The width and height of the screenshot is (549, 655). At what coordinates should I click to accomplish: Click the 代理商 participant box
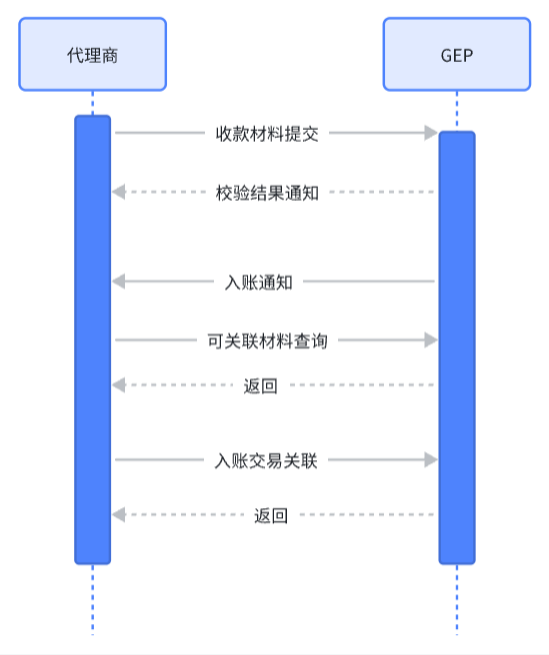click(92, 54)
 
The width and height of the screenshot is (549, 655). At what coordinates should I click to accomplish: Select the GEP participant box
click(457, 54)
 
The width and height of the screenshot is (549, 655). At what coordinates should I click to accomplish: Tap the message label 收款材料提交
click(267, 134)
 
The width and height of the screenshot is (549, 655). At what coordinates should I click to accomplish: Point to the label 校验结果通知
click(267, 193)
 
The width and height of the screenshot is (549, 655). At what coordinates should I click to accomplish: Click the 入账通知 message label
click(259, 282)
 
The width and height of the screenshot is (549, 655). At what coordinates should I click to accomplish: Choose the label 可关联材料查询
click(267, 340)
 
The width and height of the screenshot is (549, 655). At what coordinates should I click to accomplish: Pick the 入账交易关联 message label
click(266, 460)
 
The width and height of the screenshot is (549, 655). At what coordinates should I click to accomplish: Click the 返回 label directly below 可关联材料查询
click(260, 385)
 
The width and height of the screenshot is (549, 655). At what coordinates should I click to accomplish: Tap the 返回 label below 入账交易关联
click(271, 515)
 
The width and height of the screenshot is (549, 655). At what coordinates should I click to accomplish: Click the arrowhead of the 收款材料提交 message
click(431, 133)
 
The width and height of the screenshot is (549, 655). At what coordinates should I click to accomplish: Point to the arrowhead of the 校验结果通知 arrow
click(118, 192)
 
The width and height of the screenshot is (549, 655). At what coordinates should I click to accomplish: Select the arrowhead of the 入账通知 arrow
click(118, 282)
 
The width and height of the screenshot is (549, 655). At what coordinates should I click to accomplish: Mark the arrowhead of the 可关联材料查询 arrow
click(431, 340)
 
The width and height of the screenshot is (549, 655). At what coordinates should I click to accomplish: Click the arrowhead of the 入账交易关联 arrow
click(431, 459)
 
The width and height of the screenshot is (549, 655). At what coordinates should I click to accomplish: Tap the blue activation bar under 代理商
click(92, 339)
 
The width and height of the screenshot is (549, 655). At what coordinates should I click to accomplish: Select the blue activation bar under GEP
click(457, 347)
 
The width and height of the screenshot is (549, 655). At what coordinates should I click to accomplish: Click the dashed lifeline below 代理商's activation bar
click(92, 600)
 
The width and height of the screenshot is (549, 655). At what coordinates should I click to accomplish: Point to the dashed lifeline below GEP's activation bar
click(457, 600)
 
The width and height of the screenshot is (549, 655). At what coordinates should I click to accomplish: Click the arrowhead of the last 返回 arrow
click(118, 514)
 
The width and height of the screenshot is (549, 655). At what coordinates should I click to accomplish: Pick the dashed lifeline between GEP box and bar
click(457, 111)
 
